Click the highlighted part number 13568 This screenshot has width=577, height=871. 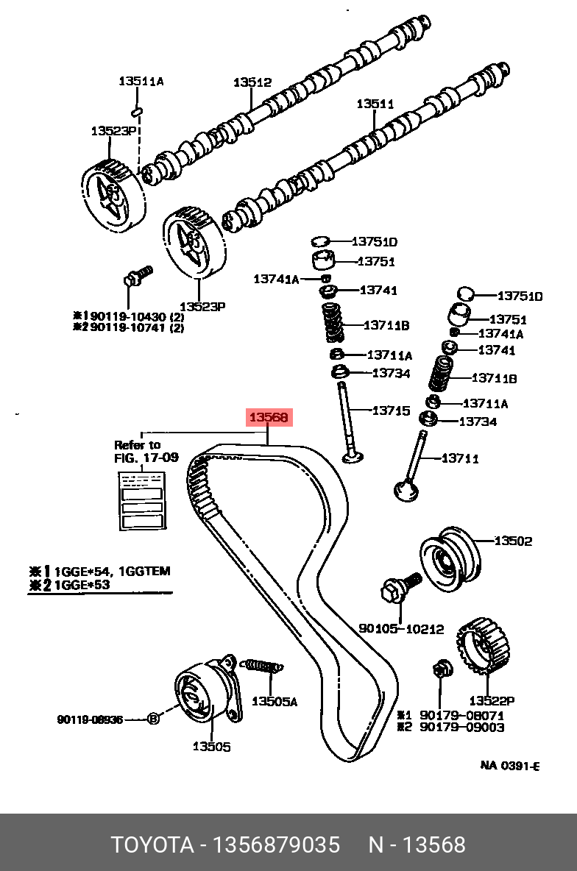tap(269, 418)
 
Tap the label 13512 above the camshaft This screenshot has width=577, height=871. tap(252, 83)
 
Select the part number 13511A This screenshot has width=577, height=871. tap(141, 81)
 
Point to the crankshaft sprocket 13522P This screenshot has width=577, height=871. tap(482, 647)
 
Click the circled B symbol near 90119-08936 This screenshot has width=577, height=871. tap(153, 719)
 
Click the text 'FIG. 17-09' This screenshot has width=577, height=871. tap(146, 457)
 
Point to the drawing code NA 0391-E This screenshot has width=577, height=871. tap(510, 765)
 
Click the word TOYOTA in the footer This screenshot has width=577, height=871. tap(151, 844)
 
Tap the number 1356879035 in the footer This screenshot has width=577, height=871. tap(275, 844)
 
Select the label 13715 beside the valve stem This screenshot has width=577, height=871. tap(390, 410)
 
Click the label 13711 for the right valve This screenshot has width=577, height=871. tap(460, 458)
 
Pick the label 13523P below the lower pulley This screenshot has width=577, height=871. tap(202, 306)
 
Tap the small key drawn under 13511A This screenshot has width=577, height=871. tap(136, 111)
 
